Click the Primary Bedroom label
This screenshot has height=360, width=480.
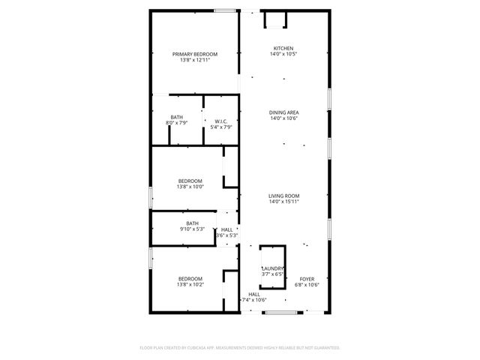pos(195,54)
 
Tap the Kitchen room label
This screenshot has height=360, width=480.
pos(283,48)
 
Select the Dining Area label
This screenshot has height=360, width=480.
pos(283,112)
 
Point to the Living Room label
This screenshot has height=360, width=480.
pos(284,196)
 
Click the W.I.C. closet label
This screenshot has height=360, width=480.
pos(221,121)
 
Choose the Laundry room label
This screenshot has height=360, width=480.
pos(272,268)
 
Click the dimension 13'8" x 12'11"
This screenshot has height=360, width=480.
pos(195,60)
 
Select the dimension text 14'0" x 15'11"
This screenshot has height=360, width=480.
pos(284,202)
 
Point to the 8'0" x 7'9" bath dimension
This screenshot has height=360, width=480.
pos(176,123)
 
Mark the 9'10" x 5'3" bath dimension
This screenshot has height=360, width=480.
pos(193,229)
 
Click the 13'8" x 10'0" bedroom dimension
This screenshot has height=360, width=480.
pos(190,187)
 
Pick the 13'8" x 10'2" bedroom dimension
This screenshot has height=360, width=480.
pos(190,285)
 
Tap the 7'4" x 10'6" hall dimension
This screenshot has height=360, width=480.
pos(253,300)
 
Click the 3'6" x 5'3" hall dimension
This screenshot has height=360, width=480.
pos(227,236)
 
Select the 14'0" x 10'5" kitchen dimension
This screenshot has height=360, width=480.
pos(283,54)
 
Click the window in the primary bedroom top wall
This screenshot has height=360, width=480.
pos(224,10)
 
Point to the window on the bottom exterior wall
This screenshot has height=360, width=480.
pos(276,311)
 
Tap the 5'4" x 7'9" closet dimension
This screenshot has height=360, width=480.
pos(221,127)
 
